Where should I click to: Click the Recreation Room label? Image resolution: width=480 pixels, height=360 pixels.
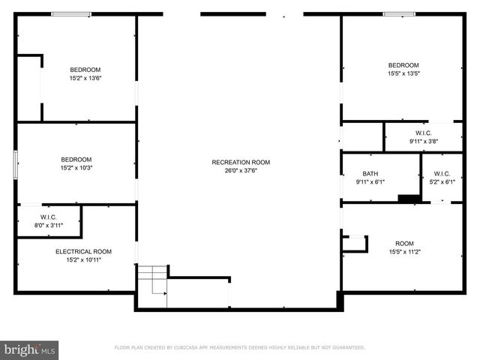pos(241,162)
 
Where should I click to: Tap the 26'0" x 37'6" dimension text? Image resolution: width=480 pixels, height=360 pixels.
pos(241,169)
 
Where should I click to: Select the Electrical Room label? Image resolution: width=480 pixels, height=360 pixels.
pos(83,251)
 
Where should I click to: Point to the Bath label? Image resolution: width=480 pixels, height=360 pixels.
pos(370,173)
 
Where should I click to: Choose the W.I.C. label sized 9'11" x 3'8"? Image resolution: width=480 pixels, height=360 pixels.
pos(423,133)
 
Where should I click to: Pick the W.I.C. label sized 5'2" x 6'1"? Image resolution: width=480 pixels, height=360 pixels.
pos(442,173)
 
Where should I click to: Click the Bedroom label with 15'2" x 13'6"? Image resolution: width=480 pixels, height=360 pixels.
pos(85,70)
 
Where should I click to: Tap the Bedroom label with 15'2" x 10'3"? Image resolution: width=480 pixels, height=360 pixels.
pos(76,159)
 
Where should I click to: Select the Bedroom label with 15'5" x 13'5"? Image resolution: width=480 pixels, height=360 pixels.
pos(403,65)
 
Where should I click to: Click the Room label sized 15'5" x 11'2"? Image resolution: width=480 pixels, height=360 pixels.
pos(405,243)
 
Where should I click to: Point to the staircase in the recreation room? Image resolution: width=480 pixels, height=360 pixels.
pos(151,279)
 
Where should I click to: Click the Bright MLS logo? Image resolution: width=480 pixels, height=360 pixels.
pos(30,349)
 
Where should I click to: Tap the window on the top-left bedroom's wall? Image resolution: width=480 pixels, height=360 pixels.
pos(71,14)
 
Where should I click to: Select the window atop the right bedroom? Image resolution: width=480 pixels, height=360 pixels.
pos(399,14)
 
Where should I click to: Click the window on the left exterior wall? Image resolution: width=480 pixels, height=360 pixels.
pos(15,165)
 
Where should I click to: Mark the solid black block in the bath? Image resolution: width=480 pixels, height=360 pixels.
pos(409,198)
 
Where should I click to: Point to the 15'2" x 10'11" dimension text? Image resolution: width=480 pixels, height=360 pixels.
pos(83,259)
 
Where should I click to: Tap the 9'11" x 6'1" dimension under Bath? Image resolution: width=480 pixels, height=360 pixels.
pos(370,181)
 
